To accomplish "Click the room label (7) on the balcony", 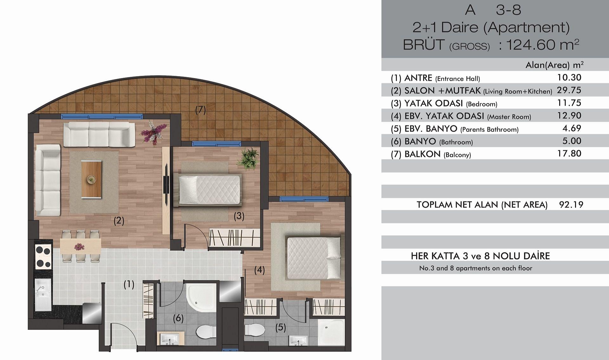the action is pyautogui.click(x=200, y=110).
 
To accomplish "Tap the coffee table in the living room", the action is pyautogui.click(x=92, y=180).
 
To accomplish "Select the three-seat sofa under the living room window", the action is pyautogui.click(x=99, y=134).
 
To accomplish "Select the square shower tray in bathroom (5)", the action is pyautogui.click(x=331, y=332).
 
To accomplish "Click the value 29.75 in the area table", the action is pyautogui.click(x=569, y=90).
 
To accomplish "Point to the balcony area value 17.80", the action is pyautogui.click(x=569, y=154).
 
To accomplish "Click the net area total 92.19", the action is pyautogui.click(x=571, y=205).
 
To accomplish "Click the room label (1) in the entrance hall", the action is pyautogui.click(x=129, y=285).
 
